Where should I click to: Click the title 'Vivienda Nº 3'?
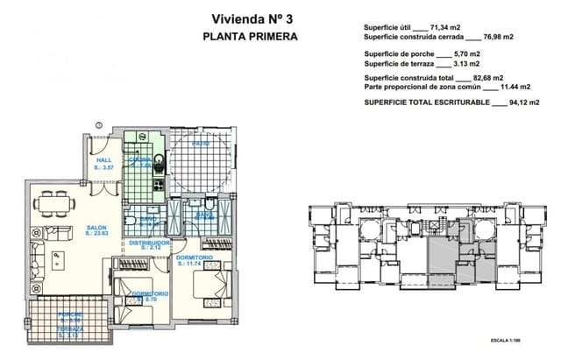click(x=250, y=18)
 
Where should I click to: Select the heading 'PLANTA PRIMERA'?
click(x=250, y=37)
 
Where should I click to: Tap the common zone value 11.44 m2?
click(x=508, y=88)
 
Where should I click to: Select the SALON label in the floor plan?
click(x=96, y=229)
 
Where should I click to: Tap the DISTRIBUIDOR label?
click(x=149, y=243)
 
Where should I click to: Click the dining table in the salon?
click(x=54, y=203)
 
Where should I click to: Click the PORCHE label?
click(x=69, y=314)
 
